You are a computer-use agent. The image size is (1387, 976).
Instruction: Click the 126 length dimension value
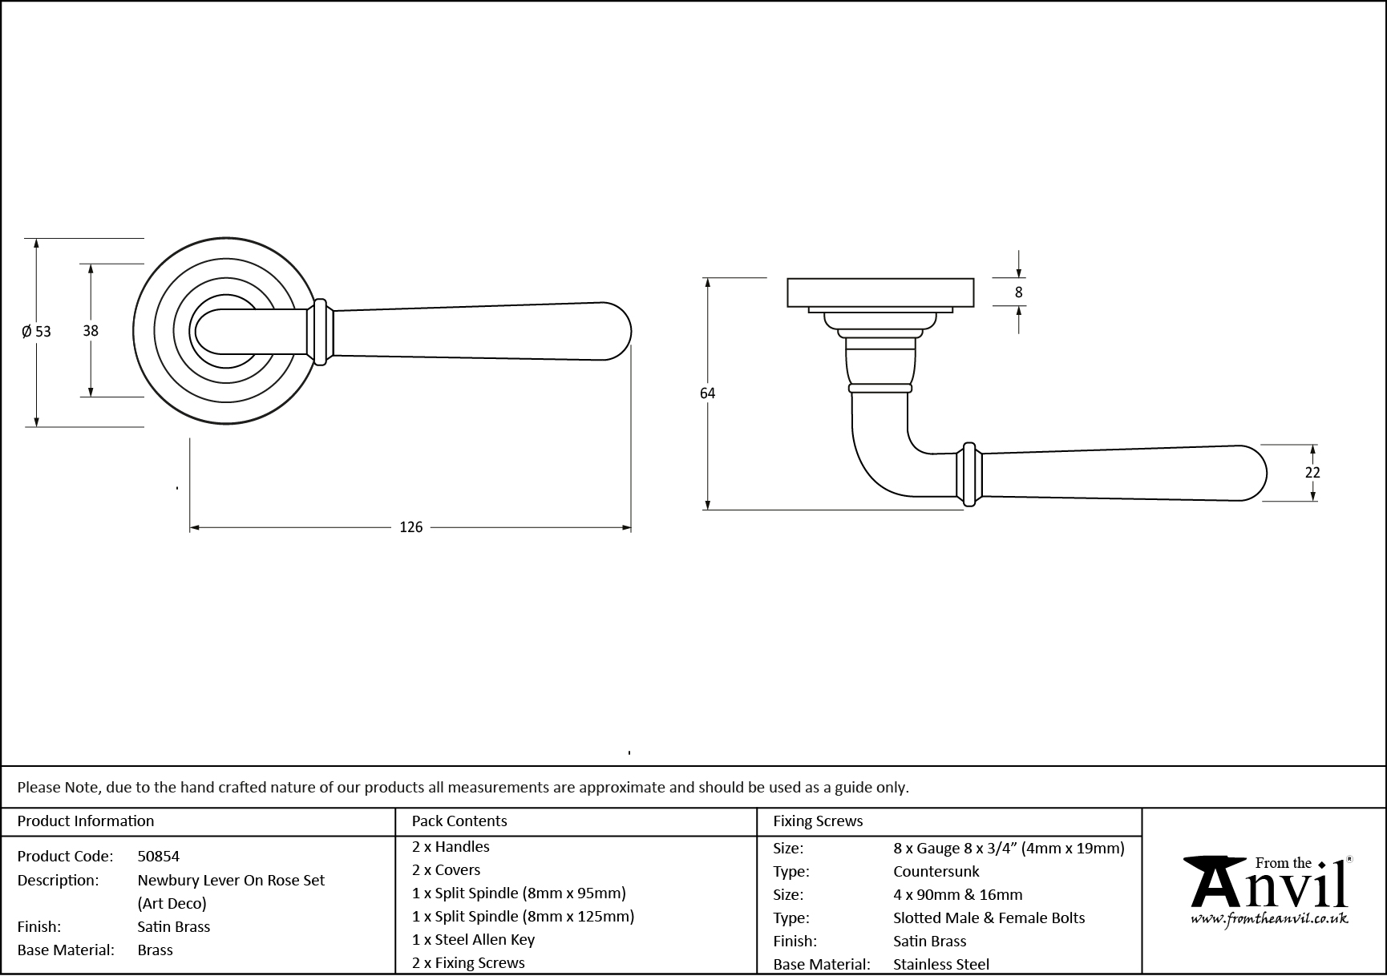(x=410, y=527)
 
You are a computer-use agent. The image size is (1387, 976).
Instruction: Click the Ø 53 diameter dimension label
(x=36, y=331)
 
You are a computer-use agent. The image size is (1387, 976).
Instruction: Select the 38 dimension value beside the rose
(x=91, y=329)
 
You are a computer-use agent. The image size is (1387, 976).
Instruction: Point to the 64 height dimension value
(x=707, y=393)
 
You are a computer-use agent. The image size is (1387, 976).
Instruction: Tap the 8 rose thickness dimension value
(x=1018, y=292)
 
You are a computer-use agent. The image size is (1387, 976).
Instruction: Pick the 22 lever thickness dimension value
(x=1312, y=473)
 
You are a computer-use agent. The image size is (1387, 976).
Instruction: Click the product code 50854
(x=158, y=857)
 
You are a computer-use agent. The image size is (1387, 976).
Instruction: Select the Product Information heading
(x=85, y=821)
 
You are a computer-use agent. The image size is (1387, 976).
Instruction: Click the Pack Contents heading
(x=459, y=821)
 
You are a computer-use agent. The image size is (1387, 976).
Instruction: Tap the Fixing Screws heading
(x=817, y=821)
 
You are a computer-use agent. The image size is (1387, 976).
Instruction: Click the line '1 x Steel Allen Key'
(x=473, y=940)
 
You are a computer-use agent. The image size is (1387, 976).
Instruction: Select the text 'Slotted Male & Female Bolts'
(x=989, y=918)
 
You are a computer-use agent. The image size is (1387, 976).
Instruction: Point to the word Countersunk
(x=936, y=872)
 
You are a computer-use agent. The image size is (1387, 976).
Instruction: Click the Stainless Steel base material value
(x=940, y=965)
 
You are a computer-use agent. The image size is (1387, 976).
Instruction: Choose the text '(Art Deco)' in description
(x=172, y=904)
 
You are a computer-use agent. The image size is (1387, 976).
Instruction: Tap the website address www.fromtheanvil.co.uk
(x=1269, y=920)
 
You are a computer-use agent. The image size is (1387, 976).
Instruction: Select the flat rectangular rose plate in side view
(x=880, y=292)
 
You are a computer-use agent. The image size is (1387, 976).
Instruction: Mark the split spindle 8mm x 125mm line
(x=523, y=917)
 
